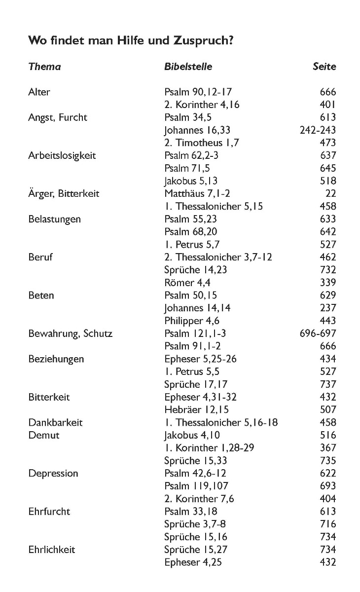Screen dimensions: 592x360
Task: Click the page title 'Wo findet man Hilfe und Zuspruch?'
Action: (x=131, y=40)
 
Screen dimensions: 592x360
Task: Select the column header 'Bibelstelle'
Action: (x=188, y=67)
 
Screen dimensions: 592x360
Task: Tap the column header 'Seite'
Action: (x=324, y=67)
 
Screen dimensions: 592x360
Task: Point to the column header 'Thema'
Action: (x=44, y=67)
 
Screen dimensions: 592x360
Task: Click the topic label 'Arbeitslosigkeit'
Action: (x=62, y=155)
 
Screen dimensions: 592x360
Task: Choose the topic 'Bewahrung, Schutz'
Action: (x=70, y=333)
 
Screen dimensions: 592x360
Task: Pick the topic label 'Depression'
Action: (x=53, y=474)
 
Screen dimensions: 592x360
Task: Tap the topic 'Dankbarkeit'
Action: (x=55, y=423)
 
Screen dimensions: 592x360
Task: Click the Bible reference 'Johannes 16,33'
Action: (x=197, y=130)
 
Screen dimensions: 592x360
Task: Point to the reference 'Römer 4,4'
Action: (x=186, y=283)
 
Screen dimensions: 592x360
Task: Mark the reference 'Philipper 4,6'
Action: (x=192, y=321)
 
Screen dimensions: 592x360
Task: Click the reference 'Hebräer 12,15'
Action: (x=196, y=410)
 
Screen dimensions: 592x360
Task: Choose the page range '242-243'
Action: (x=318, y=130)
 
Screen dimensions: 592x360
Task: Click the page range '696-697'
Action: (x=318, y=333)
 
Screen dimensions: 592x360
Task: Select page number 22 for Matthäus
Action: (x=330, y=193)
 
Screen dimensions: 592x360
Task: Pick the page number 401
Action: (x=327, y=105)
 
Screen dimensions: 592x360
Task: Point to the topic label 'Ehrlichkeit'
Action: (x=52, y=550)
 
